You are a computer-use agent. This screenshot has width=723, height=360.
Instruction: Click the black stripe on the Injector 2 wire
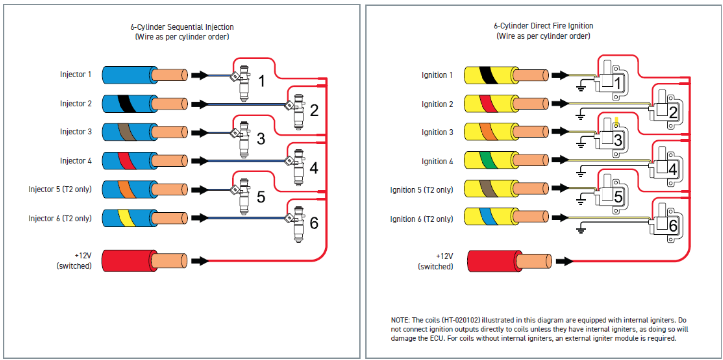[127, 103]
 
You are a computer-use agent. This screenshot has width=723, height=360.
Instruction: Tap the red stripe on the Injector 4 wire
[127, 161]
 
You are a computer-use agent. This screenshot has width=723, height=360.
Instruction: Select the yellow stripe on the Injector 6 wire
[127, 218]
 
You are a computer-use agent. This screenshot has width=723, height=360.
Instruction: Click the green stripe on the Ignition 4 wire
[488, 160]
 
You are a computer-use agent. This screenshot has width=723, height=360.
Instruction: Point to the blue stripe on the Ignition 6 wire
[488, 216]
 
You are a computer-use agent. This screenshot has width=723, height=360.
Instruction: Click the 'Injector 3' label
[76, 132]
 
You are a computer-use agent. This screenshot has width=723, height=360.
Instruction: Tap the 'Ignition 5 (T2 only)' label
[421, 190]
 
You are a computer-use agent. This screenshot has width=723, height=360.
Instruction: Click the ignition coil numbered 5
[611, 194]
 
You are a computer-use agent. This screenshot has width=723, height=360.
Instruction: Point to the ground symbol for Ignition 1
[581, 86]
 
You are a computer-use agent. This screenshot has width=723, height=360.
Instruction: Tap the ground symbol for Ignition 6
[581, 228]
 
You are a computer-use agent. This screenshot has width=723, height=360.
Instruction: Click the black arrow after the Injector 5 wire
[200, 190]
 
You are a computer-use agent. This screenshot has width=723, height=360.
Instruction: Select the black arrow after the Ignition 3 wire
[560, 132]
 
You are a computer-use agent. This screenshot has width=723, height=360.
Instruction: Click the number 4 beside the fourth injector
[314, 168]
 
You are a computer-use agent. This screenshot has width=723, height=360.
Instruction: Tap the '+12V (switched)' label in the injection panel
[74, 261]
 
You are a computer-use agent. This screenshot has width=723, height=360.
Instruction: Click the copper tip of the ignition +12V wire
[534, 261]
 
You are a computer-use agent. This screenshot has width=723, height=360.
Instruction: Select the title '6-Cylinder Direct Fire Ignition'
[543, 26]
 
